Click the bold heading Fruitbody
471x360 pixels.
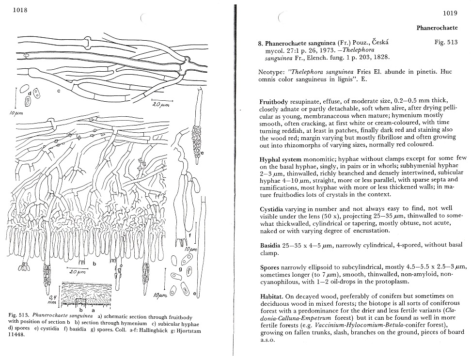pos(274,102)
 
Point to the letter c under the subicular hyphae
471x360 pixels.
pos(58,90)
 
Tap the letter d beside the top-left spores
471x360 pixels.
pos(30,93)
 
